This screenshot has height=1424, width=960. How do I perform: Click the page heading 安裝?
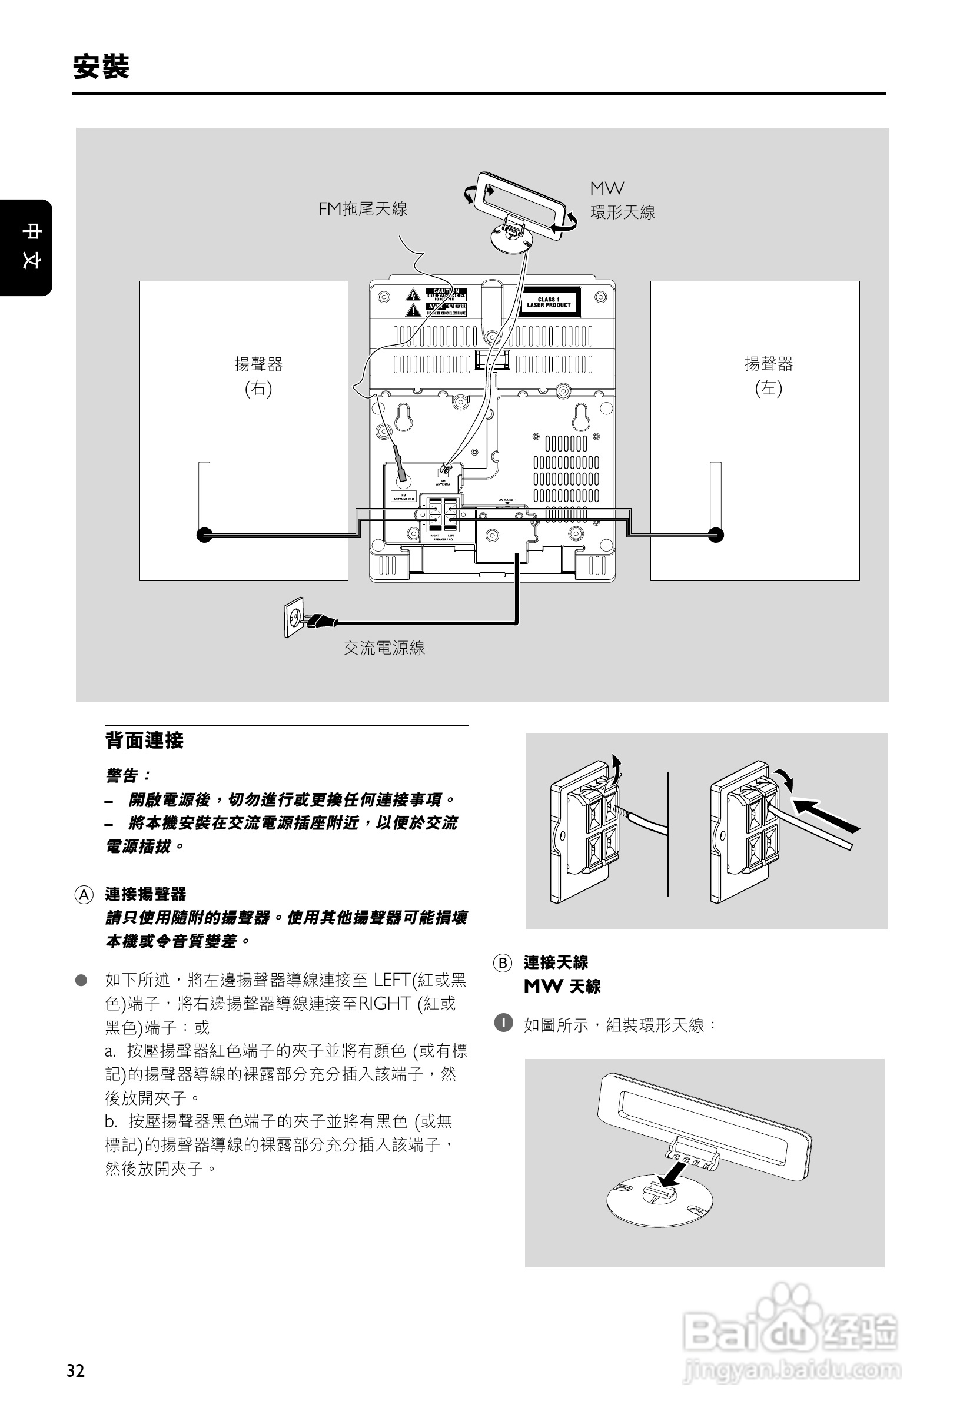tap(101, 67)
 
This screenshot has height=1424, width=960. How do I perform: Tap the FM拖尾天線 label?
tap(363, 210)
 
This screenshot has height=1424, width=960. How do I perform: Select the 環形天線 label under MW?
tap(623, 213)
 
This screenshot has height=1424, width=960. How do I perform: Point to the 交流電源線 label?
tap(384, 648)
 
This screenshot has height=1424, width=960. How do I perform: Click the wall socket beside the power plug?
tap(294, 616)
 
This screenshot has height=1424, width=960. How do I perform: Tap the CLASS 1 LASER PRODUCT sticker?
tap(549, 303)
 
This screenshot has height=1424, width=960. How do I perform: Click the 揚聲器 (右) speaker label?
tap(258, 376)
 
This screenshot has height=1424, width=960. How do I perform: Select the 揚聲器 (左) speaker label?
tap(768, 376)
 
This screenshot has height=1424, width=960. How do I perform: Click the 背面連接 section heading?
tap(144, 741)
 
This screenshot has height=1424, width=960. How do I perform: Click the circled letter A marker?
tap(84, 895)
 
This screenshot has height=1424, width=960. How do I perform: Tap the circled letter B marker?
tap(502, 963)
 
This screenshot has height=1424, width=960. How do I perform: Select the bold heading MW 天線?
tap(562, 986)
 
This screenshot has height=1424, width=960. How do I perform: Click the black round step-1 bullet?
tap(503, 1023)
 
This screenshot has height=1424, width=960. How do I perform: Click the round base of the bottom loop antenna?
tap(660, 1199)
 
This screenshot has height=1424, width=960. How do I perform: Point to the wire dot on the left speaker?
tap(716, 535)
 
